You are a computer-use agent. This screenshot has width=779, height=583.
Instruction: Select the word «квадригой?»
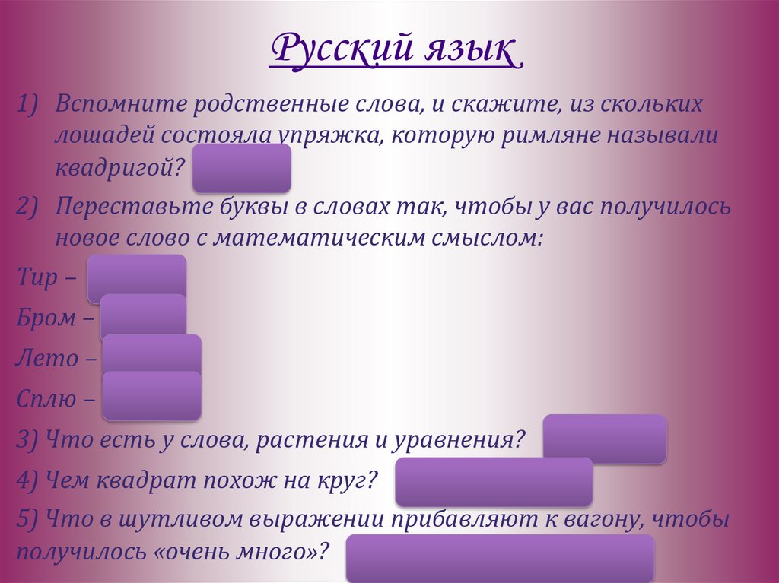119,167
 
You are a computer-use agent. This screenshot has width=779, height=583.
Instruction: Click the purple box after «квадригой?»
242,168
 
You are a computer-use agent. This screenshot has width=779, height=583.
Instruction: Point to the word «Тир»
37,278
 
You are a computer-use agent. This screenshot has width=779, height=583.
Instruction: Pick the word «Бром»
46,318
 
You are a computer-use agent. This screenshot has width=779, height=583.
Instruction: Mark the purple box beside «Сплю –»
152,397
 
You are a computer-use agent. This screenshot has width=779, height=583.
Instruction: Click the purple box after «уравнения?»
605,439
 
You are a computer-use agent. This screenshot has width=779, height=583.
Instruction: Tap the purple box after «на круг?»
494,482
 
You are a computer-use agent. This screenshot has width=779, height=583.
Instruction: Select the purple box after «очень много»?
500,558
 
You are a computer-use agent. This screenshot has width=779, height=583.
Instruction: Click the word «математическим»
377,238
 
